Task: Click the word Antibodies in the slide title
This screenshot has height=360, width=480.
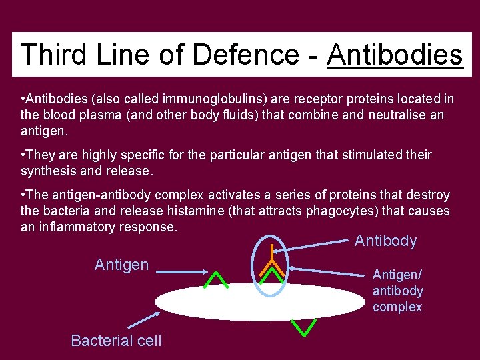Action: (x=395, y=55)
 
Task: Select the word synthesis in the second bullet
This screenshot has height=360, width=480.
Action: (x=48, y=171)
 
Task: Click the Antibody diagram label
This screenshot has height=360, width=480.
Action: (x=385, y=241)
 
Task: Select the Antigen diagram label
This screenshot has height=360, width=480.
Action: (x=121, y=265)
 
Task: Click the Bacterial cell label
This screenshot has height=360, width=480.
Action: (x=116, y=341)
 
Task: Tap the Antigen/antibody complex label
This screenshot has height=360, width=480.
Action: (x=397, y=291)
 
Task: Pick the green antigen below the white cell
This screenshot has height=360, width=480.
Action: (x=304, y=327)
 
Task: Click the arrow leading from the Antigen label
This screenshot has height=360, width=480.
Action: (x=194, y=271)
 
